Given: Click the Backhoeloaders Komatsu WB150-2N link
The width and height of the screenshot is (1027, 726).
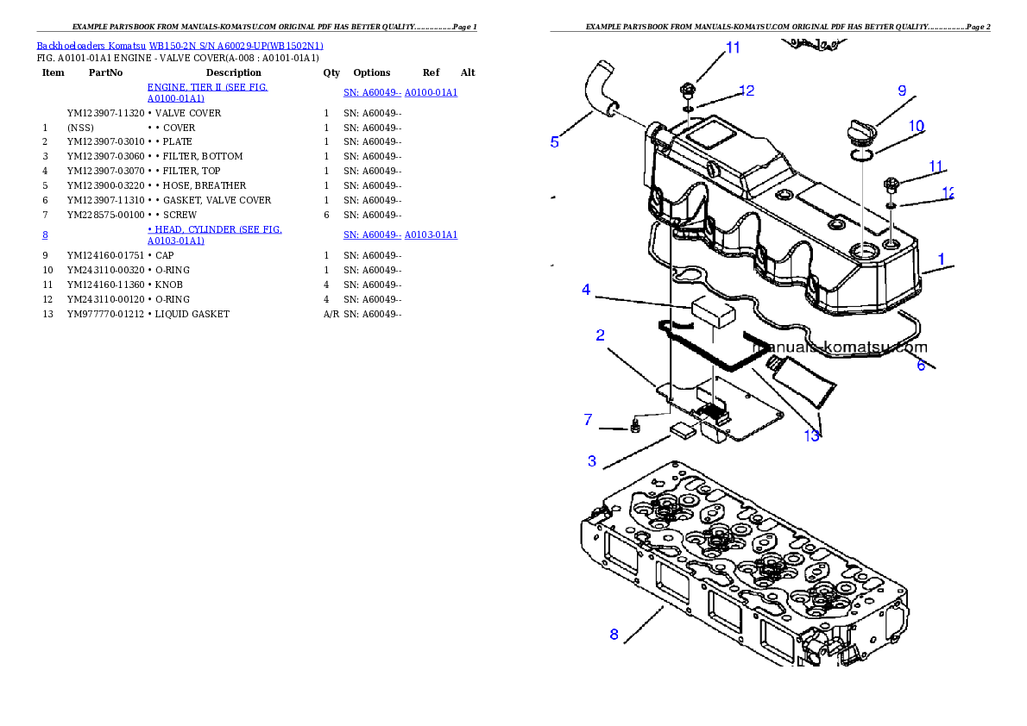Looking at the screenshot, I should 180,46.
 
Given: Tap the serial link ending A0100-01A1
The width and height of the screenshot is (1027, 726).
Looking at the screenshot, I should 400,93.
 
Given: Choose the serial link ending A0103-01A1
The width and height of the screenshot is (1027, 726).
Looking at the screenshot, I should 400,235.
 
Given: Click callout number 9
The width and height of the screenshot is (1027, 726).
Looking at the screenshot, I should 902,91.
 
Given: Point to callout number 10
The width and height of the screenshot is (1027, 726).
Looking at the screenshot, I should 916,126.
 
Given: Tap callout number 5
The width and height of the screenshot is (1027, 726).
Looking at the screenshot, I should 555,142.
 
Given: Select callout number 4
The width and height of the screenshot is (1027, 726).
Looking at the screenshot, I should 586,290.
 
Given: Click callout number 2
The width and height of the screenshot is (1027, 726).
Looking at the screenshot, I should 600,335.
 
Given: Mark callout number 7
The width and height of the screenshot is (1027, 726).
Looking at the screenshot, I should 588,420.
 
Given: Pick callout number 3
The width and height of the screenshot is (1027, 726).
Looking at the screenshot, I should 592,461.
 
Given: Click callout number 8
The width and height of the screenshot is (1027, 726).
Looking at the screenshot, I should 614,635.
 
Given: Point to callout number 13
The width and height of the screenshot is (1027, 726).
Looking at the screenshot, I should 812,436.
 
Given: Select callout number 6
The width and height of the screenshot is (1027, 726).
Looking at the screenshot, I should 921,366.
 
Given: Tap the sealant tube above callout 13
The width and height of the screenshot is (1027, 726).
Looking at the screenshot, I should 803,385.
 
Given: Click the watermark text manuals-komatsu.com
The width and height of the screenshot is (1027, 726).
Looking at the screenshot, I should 840,348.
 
